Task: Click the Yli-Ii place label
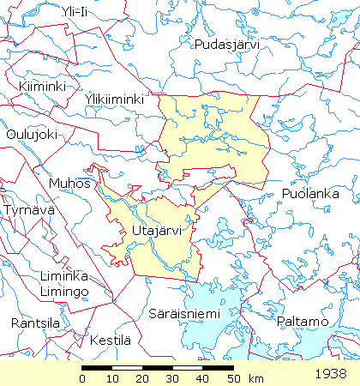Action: pos(75,10)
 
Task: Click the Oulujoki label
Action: pos(31,134)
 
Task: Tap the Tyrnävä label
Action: pos(29,210)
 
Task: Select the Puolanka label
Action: pos(311,195)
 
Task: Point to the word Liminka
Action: pos(63,276)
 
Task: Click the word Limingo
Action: pos(63,293)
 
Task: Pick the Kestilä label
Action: pos(111,341)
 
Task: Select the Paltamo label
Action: pos(303,322)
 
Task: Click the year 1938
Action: pos(331,374)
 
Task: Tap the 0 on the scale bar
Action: pos(83,378)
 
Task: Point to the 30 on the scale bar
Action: pos(172,378)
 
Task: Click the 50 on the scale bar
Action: pos(232,378)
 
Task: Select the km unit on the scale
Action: pos(255,378)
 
